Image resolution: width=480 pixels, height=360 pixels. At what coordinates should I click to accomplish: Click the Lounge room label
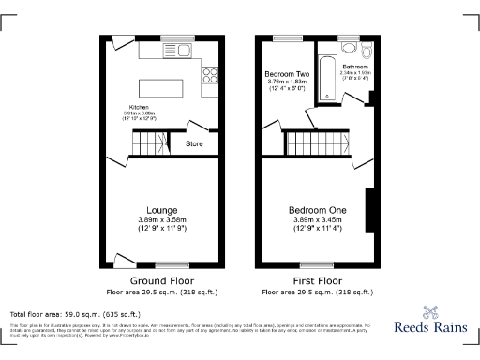coord(161,209)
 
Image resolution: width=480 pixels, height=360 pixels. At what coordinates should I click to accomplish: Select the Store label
coord(194,144)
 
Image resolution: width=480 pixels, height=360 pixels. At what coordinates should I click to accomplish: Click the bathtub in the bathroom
coord(323,78)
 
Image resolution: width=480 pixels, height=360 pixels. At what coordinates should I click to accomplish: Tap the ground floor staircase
coord(148,143)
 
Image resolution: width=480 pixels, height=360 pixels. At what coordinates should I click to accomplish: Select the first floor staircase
coord(319,143)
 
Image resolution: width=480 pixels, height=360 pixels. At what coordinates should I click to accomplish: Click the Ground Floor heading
coord(161,280)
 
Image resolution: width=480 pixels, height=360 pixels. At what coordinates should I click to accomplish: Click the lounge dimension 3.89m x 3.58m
coord(161,219)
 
